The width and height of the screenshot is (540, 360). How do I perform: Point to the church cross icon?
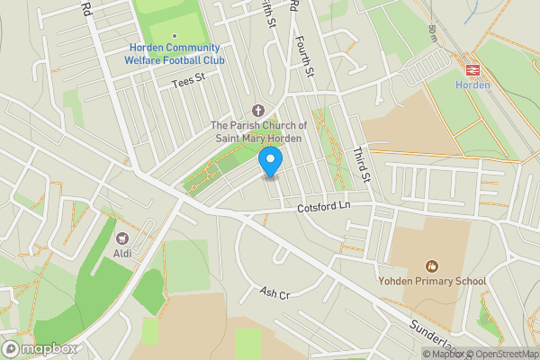261,109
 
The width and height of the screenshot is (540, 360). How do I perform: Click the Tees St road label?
189,82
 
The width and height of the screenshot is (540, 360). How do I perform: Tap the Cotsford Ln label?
323,207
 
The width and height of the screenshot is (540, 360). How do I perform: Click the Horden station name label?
471,85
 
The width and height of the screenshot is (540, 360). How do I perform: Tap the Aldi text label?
123,254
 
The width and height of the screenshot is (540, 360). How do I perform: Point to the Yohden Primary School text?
433,281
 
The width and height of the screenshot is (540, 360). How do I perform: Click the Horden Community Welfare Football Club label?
175,54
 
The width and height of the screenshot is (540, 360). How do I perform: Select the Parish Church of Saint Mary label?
259,131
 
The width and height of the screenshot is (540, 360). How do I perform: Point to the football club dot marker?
174,37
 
